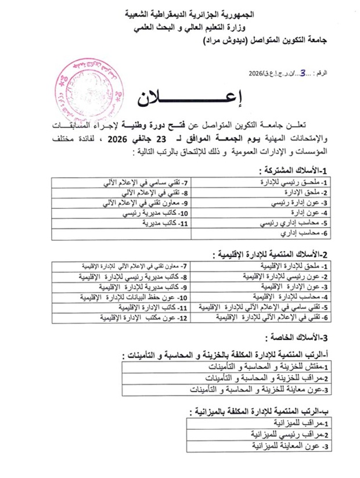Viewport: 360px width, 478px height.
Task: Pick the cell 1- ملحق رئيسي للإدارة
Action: click(x=294, y=182)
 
